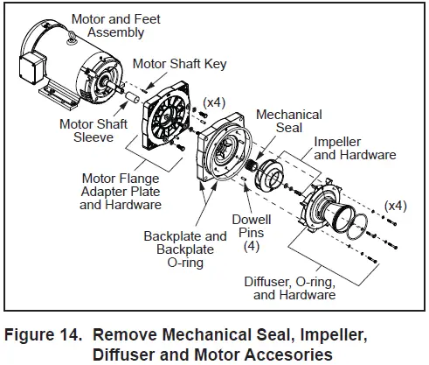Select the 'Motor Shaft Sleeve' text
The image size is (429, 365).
click(92, 131)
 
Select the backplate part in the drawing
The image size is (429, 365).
click(224, 158)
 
